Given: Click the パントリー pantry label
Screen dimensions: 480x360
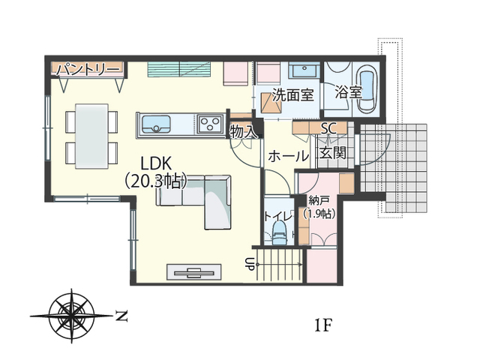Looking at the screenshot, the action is coord(88,70).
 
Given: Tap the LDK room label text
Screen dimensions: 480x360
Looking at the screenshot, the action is coord(156,163).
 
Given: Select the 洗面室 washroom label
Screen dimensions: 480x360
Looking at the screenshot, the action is coord(293,95).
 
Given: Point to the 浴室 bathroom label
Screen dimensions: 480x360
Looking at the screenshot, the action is coord(348,91).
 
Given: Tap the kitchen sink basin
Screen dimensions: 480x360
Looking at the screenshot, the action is coord(155,124).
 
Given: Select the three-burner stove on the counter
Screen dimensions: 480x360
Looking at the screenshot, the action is coord(210,124).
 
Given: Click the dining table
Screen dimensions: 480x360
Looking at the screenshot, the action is coord(91,136).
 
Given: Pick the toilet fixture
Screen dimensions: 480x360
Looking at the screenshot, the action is coord(279,232).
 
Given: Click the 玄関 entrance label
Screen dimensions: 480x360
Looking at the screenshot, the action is coord(333,152).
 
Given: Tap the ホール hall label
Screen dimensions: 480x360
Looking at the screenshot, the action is coord(288,157).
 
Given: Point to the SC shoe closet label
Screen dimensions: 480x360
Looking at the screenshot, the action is coord(328,128).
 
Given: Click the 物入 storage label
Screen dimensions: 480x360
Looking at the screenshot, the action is coord(244,132).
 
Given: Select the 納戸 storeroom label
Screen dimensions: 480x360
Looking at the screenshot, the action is coord(319,201).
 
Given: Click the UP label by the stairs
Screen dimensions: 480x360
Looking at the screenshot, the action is coord(250,264).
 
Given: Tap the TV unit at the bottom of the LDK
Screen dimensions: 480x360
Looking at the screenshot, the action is coord(194,271).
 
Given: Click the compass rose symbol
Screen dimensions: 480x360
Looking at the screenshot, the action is coord(72,316).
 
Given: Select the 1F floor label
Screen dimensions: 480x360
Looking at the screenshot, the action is coord(323,325).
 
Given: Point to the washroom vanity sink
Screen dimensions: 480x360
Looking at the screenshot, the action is coord(304,70).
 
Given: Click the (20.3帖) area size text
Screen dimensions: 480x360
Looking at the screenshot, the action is coord(156,181).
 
